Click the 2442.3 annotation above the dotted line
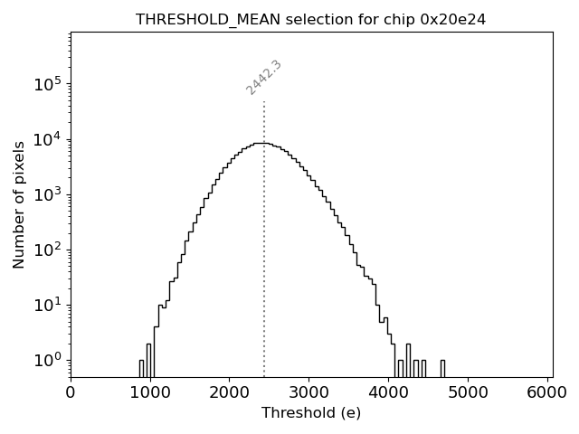264,78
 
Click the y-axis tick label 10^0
47,360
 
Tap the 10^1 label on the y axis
47,305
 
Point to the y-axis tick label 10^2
47,250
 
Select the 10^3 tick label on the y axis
47,194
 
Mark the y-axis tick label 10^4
47,139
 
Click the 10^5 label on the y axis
47,84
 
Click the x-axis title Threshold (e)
310,413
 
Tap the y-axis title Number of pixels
19,205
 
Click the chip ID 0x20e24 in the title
453,19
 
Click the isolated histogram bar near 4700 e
442,368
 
